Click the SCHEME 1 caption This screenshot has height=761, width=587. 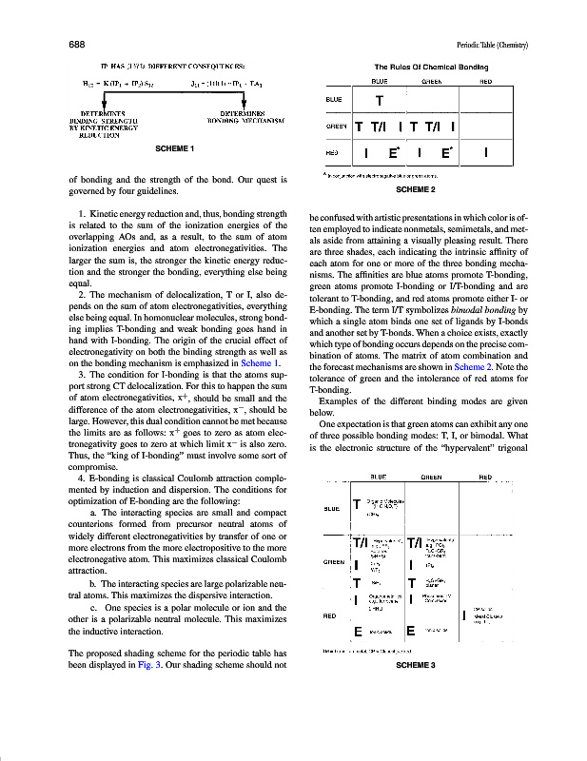[x=174, y=149]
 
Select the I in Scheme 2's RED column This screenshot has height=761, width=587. [x=486, y=152]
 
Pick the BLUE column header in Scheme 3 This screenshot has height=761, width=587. [x=378, y=477]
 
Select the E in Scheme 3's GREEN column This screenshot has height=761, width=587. [x=411, y=631]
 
